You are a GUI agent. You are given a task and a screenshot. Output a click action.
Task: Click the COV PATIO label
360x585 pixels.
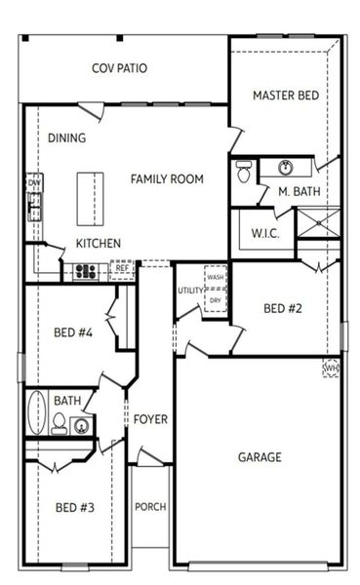(121, 68)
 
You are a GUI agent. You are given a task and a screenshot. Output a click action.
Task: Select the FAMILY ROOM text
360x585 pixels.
(167, 178)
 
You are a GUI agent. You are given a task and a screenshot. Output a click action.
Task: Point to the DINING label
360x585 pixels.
(66, 137)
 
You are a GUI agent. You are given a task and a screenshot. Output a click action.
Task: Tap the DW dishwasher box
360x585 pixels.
(34, 182)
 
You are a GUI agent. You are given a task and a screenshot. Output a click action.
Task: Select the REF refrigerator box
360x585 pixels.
(123, 269)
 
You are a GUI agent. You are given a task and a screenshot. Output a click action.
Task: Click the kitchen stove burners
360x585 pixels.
(87, 271)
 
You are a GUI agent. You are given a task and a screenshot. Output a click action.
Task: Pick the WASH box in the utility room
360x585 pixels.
(216, 277)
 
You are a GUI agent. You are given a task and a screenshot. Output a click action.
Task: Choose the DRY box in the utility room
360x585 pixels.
(216, 300)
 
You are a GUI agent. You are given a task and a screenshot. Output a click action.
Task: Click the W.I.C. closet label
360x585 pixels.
(265, 233)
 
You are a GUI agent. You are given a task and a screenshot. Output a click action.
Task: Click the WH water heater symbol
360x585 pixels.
(332, 369)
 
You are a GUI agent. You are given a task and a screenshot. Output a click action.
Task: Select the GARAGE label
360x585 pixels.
(260, 456)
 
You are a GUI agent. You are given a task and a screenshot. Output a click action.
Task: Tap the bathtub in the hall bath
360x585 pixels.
(36, 412)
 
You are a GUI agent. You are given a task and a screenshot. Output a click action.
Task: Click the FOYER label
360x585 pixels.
(150, 419)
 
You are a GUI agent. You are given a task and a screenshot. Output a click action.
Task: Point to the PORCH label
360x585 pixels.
(150, 506)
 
